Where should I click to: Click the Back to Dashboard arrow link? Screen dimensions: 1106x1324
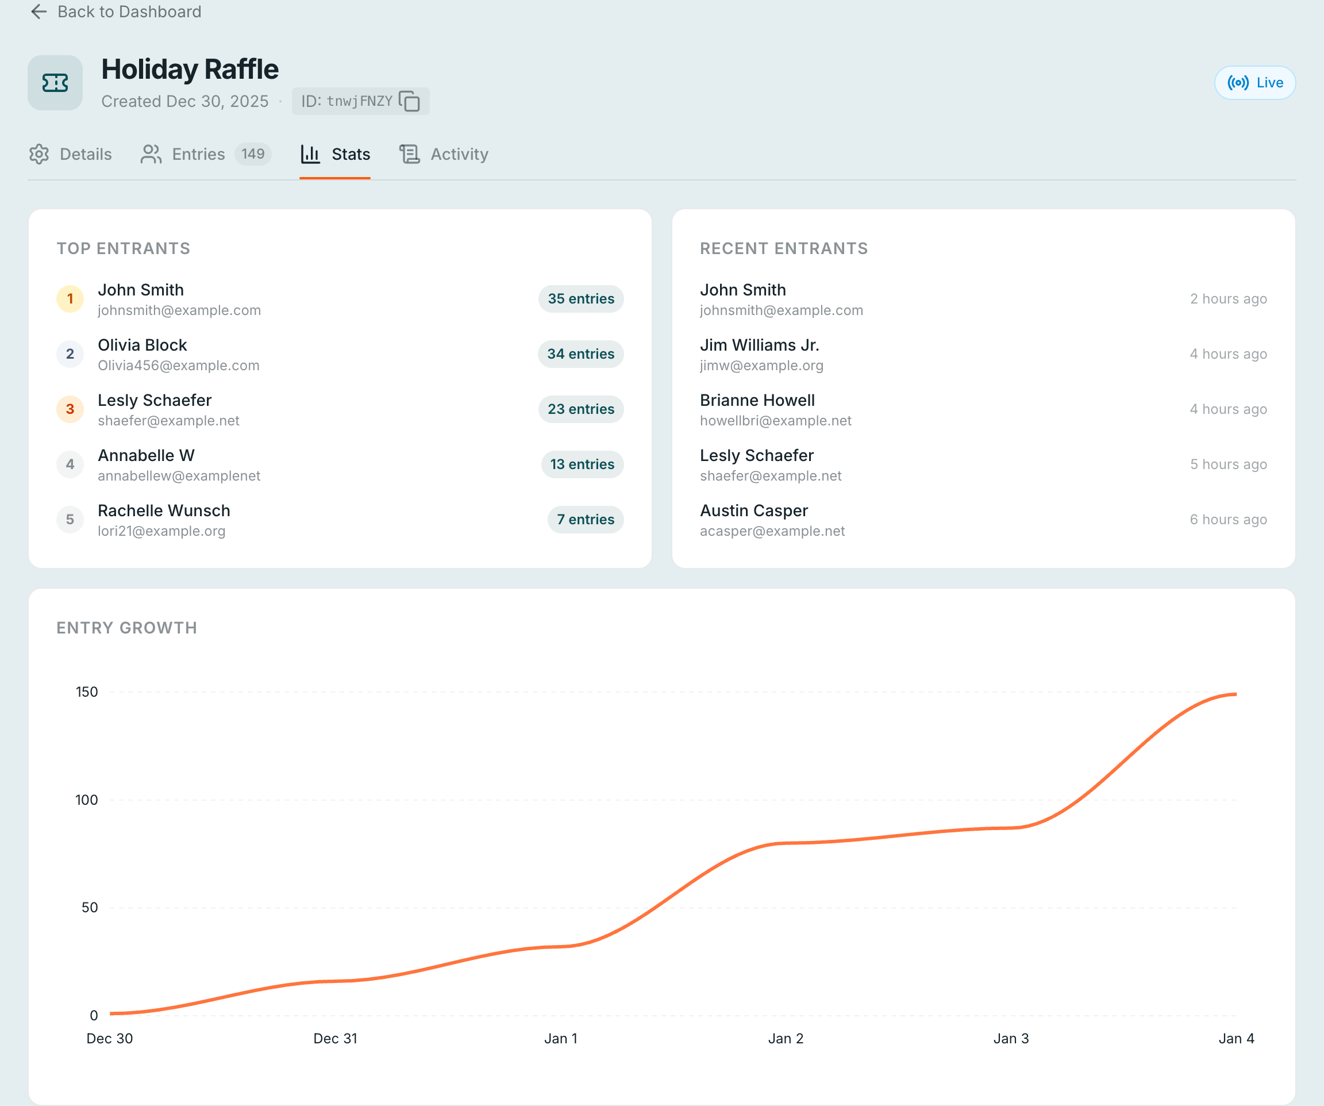point(116,12)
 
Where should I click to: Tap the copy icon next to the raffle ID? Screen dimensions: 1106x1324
point(410,101)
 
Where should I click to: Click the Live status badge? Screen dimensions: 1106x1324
point(1254,83)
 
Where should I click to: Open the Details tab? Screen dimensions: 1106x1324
point(71,155)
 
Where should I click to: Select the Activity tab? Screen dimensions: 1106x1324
point(444,155)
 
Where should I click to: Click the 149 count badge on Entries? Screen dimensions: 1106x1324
point(253,154)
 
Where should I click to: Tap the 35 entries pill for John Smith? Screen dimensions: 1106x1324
point(580,299)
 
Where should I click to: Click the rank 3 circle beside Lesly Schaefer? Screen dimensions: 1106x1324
point(70,409)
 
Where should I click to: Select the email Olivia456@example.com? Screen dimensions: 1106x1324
point(178,366)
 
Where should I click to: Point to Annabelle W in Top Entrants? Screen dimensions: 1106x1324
point(147,455)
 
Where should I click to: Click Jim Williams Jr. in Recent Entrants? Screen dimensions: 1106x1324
point(759,345)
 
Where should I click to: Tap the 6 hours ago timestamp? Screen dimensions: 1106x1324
point(1227,520)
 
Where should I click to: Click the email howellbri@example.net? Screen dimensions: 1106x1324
point(775,421)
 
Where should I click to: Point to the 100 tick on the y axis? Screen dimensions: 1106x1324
point(86,800)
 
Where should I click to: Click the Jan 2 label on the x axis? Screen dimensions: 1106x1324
point(786,1039)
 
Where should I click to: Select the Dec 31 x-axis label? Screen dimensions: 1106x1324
point(335,1039)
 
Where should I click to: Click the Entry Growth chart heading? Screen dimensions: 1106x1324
point(127,628)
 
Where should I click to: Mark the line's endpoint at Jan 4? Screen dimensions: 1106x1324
point(1236,694)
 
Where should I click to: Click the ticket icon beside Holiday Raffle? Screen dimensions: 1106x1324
point(55,83)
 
